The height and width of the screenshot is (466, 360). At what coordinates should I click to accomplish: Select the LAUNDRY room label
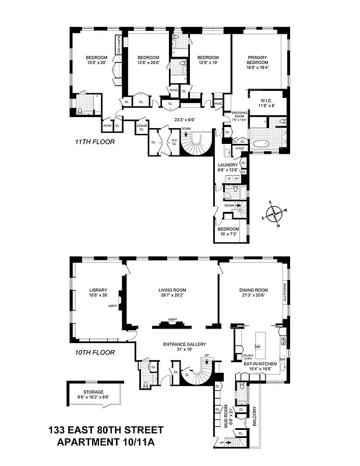(227, 165)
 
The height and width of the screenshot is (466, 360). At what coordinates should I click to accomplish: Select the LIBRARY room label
(98, 290)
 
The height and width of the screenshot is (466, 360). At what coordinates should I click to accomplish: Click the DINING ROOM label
(253, 290)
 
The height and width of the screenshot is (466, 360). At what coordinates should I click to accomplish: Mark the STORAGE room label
(95, 393)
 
